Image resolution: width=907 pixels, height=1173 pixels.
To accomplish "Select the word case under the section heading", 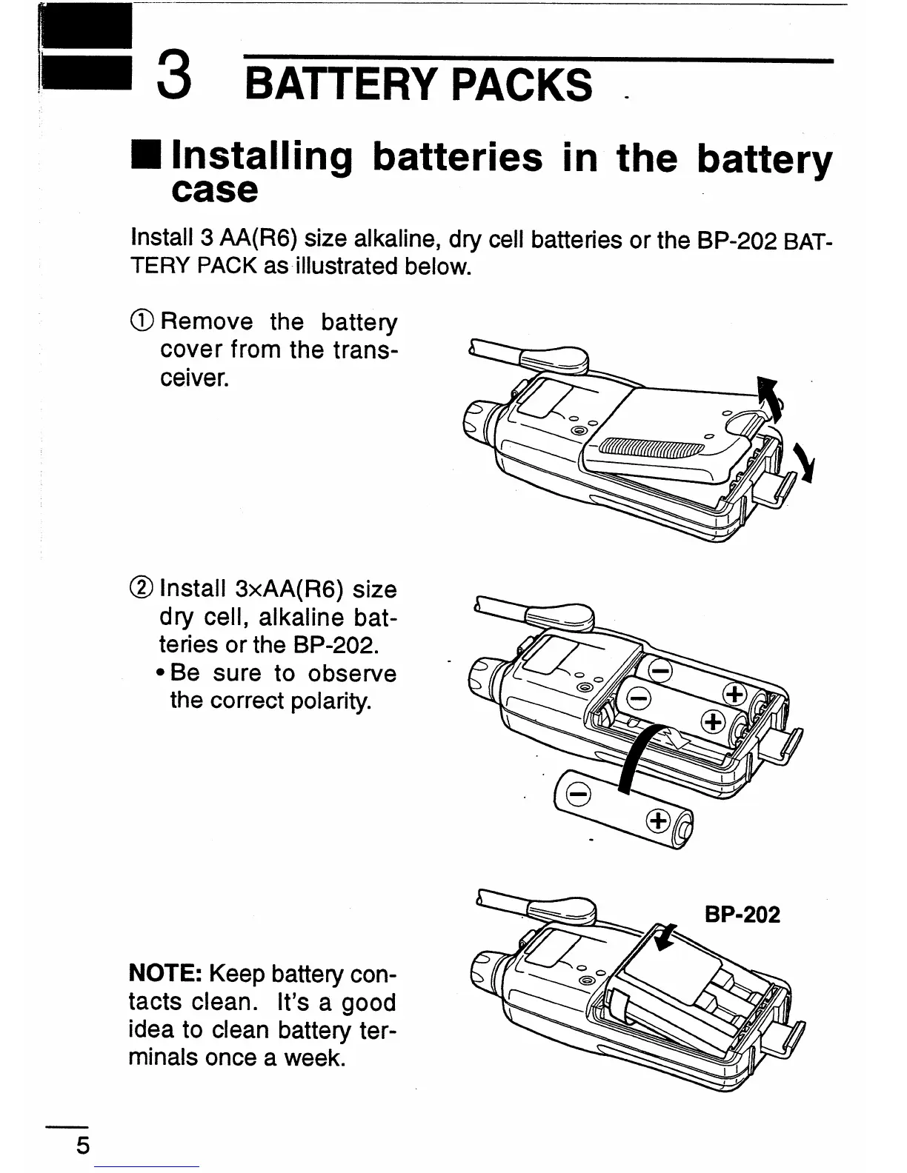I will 213,191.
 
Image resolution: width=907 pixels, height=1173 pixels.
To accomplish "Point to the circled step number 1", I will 142,321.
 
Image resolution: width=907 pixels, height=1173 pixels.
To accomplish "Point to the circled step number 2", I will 142,589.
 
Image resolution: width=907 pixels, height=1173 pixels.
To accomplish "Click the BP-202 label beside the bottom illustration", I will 742,915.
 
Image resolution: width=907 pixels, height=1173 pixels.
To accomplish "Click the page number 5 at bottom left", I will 82,1146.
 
